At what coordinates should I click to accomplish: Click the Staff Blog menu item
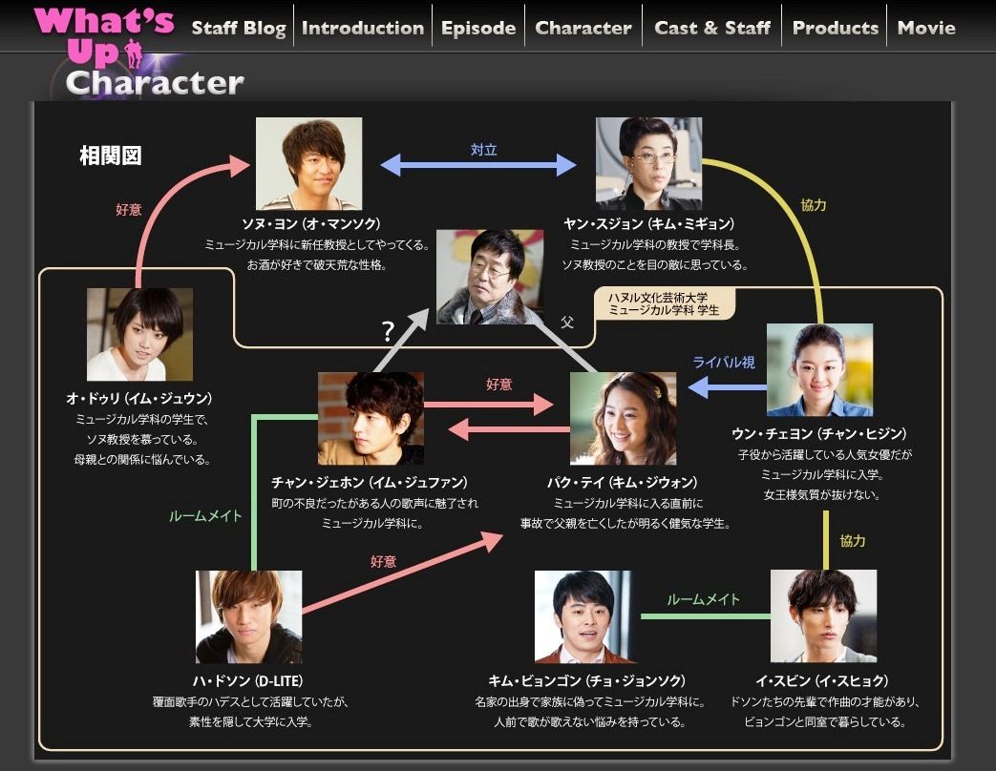pyautogui.click(x=239, y=28)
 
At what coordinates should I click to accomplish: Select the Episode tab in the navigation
pyautogui.click(x=478, y=28)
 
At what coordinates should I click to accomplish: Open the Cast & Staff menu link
pyautogui.click(x=712, y=28)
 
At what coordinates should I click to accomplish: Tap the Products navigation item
pyautogui.click(x=836, y=28)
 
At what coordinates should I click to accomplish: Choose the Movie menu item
pyautogui.click(x=926, y=28)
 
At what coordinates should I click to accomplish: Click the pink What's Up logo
pyautogui.click(x=103, y=35)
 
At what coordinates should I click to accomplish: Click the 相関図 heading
pyautogui.click(x=111, y=156)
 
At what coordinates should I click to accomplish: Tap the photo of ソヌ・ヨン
pyautogui.click(x=308, y=163)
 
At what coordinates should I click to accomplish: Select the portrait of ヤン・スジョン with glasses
pyautogui.click(x=648, y=163)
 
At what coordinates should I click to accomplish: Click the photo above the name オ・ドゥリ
pyautogui.click(x=139, y=334)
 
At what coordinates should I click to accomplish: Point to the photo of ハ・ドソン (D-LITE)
pyautogui.click(x=249, y=616)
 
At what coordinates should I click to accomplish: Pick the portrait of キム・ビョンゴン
pyautogui.click(x=583, y=616)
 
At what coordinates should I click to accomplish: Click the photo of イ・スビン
pyautogui.click(x=824, y=616)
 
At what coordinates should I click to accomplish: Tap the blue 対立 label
pyautogui.click(x=483, y=150)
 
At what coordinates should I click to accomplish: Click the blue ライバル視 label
pyautogui.click(x=724, y=363)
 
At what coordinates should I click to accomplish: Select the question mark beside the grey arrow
pyautogui.click(x=388, y=331)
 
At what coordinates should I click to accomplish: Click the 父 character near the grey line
pyautogui.click(x=566, y=323)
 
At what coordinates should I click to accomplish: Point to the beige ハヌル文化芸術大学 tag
pyautogui.click(x=664, y=304)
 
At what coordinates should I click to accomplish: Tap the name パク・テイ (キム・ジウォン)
pyautogui.click(x=623, y=482)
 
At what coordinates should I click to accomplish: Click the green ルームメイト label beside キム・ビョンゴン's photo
pyautogui.click(x=703, y=599)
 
